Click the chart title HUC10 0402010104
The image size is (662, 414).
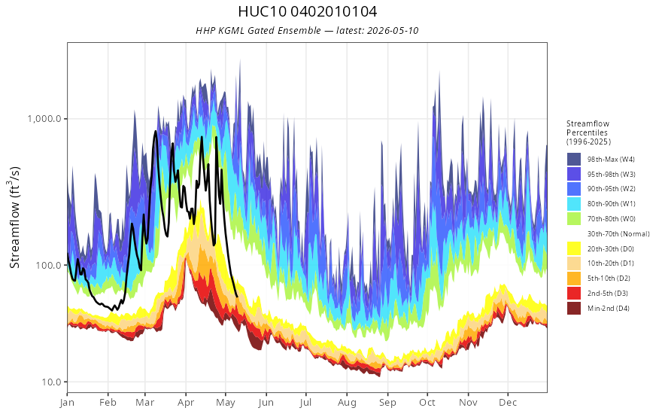tap(308, 11)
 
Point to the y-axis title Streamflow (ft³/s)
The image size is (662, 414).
tap(14, 218)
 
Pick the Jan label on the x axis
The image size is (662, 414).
tap(67, 403)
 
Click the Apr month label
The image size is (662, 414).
tap(185, 403)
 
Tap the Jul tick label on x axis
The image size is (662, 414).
tap(305, 403)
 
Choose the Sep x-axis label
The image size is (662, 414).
tap(387, 403)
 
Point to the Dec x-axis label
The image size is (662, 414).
tap(509, 403)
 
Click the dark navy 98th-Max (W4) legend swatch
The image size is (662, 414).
tap(574, 160)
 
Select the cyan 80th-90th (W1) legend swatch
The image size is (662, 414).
tap(574, 204)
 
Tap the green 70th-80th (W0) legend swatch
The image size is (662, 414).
tap(574, 219)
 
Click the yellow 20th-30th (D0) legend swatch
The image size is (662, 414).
tap(574, 248)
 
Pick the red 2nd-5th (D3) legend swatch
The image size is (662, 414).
tap(574, 293)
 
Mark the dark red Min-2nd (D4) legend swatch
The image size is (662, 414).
tap(574, 308)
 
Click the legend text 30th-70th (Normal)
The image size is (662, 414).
tap(618, 233)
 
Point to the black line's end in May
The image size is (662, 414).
tap(237, 297)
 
